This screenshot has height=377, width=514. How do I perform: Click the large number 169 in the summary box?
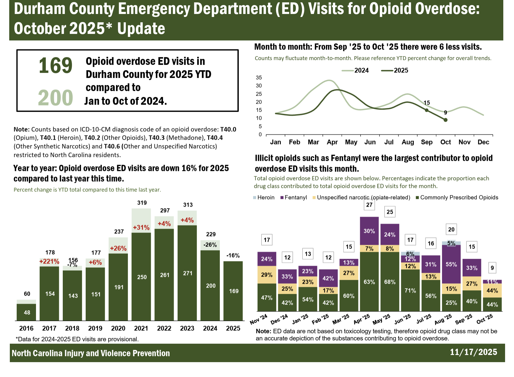pyautogui.click(x=56, y=65)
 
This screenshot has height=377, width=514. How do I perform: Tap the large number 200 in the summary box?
pyautogui.click(x=56, y=98)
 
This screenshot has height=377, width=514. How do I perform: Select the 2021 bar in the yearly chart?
pyautogui.click(x=142, y=276)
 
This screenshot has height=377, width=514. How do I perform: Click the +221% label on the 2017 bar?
pyautogui.click(x=49, y=261)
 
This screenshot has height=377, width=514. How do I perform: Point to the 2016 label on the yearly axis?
pyautogui.click(x=26, y=328)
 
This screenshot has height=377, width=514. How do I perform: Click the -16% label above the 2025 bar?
pyautogui.click(x=233, y=256)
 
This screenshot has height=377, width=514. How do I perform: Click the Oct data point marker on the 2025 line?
pyautogui.click(x=445, y=120)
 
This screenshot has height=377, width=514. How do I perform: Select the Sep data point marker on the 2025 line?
pyautogui.click(x=427, y=110)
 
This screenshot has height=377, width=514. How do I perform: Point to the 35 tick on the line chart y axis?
pyautogui.click(x=259, y=78)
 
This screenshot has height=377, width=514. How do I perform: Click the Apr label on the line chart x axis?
pyautogui.click(x=332, y=142)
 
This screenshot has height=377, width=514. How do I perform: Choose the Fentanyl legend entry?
pyautogui.click(x=294, y=197)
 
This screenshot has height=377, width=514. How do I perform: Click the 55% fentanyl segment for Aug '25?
pyautogui.click(x=451, y=264)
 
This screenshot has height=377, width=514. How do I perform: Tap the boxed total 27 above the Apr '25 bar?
pyautogui.click(x=369, y=205)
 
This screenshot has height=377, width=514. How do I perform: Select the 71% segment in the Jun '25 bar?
pyautogui.click(x=410, y=290)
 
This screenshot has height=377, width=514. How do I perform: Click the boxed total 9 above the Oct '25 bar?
pyautogui.click(x=492, y=268)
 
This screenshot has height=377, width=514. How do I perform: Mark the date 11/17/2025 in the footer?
pyautogui.click(x=473, y=352)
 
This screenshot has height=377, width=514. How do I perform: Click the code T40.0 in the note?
pyautogui.click(x=228, y=130)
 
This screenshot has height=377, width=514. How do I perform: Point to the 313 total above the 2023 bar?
pyautogui.click(x=188, y=205)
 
